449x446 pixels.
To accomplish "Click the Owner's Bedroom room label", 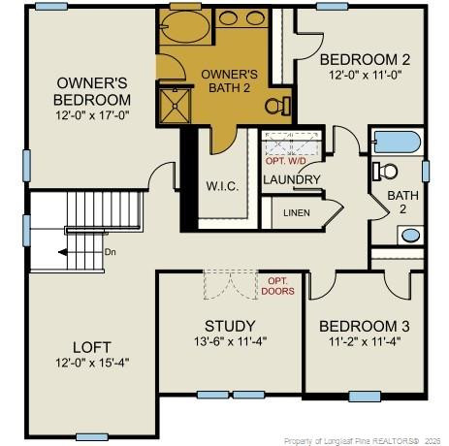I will [x=92, y=91].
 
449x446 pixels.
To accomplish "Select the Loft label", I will [x=91, y=346].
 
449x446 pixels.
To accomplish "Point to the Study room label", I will [x=230, y=325].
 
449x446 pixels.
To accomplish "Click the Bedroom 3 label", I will [x=365, y=325].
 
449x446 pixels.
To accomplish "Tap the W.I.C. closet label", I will [x=222, y=185].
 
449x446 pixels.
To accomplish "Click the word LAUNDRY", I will [x=291, y=179].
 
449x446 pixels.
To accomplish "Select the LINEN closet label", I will [x=297, y=212].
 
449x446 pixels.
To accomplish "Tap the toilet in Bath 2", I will [x=387, y=172].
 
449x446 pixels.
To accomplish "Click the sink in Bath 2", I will [x=410, y=234].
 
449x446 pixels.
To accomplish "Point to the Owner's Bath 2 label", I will [x=229, y=81].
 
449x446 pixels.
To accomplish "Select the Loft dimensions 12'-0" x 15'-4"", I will [x=91, y=363].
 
